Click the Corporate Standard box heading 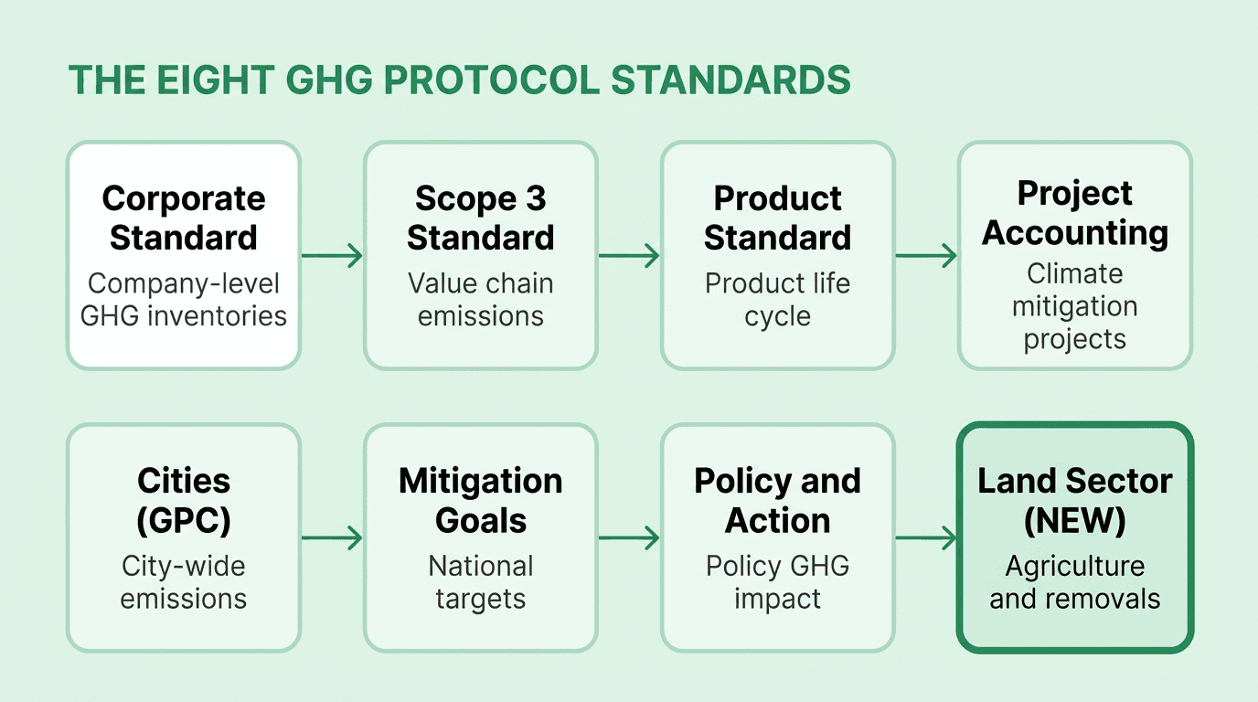click(x=183, y=218)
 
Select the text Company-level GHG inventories click(x=183, y=300)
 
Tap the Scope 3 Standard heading click(x=480, y=218)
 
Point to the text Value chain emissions click(x=480, y=300)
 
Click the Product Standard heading click(x=777, y=218)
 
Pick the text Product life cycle click(x=777, y=300)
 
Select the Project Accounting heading click(x=1074, y=213)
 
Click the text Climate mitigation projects click(x=1074, y=306)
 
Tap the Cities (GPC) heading click(x=183, y=500)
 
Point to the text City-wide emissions click(x=183, y=582)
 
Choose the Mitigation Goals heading click(x=480, y=500)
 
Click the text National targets click(x=480, y=582)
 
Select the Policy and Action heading click(x=777, y=500)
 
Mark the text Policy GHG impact click(x=777, y=582)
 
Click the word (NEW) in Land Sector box click(x=1074, y=521)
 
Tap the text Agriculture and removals click(x=1074, y=582)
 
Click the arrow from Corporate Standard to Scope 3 click(x=332, y=256)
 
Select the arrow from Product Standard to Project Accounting click(x=925, y=256)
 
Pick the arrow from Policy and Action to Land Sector click(x=925, y=538)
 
